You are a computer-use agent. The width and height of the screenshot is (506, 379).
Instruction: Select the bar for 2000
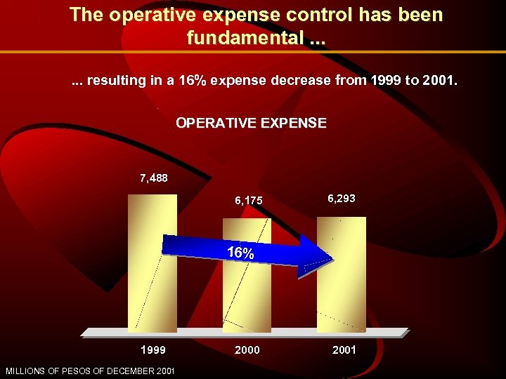pyautogui.click(x=247, y=295)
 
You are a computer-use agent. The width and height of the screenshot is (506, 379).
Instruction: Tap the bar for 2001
pyautogui.click(x=342, y=295)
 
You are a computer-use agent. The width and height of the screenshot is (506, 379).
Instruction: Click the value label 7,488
pyautogui.click(x=153, y=178)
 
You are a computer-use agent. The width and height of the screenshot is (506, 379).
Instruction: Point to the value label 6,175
pyautogui.click(x=248, y=201)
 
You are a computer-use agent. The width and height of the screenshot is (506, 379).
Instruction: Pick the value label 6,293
pyautogui.click(x=342, y=199)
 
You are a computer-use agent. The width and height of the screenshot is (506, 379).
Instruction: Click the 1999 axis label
pyautogui.click(x=153, y=350)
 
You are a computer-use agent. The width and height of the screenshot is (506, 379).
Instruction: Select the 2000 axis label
pyautogui.click(x=247, y=350)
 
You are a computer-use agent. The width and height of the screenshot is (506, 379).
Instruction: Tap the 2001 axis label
pyautogui.click(x=343, y=350)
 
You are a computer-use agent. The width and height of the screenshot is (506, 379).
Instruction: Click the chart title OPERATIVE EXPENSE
pyautogui.click(x=251, y=123)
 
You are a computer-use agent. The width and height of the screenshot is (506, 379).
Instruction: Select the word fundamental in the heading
pyautogui.click(x=243, y=38)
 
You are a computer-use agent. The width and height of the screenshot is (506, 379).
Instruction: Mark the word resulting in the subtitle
pyautogui.click(x=114, y=81)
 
